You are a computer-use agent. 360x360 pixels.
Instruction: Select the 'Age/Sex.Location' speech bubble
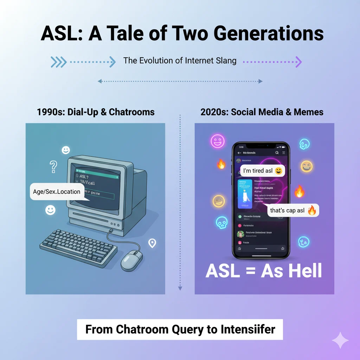pyautogui.click(x=57, y=192)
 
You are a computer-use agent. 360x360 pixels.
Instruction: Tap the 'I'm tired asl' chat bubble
pyautogui.click(x=262, y=171)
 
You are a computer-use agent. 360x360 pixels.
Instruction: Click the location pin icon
pyautogui.click(x=152, y=243)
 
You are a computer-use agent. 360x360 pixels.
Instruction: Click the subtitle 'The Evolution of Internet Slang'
pyautogui.click(x=180, y=60)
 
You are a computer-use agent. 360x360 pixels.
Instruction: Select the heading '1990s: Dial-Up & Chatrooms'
pyautogui.click(x=96, y=112)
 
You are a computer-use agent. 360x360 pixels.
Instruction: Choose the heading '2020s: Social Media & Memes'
pyautogui.click(x=262, y=112)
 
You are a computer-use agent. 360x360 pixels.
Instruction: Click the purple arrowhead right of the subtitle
pyautogui.click(x=298, y=62)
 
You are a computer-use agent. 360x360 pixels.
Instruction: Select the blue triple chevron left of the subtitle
pyautogui.click(x=58, y=62)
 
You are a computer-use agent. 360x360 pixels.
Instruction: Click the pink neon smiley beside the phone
pyautogui.click(x=217, y=141)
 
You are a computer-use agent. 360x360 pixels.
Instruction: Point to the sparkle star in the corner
pyautogui.click(x=340, y=340)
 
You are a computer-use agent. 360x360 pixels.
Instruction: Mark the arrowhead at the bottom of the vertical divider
pyautogui.click(x=180, y=288)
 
